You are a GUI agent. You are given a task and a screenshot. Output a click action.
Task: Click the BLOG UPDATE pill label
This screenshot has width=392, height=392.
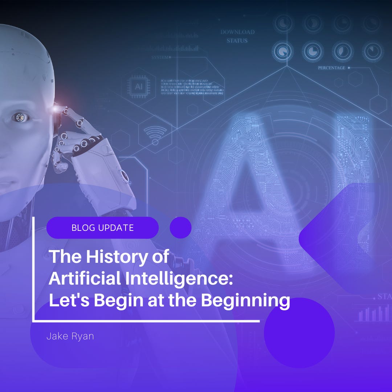point(103,228)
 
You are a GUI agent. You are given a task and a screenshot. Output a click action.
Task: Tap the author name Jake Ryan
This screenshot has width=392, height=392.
point(70,336)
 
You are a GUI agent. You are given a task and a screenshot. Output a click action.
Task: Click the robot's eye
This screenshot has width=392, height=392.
point(18,117)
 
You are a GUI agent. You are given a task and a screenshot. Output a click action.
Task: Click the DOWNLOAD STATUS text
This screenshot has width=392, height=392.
point(237,36)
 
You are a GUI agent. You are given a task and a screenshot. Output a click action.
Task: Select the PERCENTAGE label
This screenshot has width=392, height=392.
point(331,68)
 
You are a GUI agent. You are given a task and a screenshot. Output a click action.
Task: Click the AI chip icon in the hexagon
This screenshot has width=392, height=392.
point(139,86)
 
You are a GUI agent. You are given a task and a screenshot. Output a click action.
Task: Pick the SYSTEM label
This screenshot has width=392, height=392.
point(160,57)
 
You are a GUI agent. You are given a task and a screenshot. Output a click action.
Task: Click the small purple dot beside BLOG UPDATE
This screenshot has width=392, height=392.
point(180,228)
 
